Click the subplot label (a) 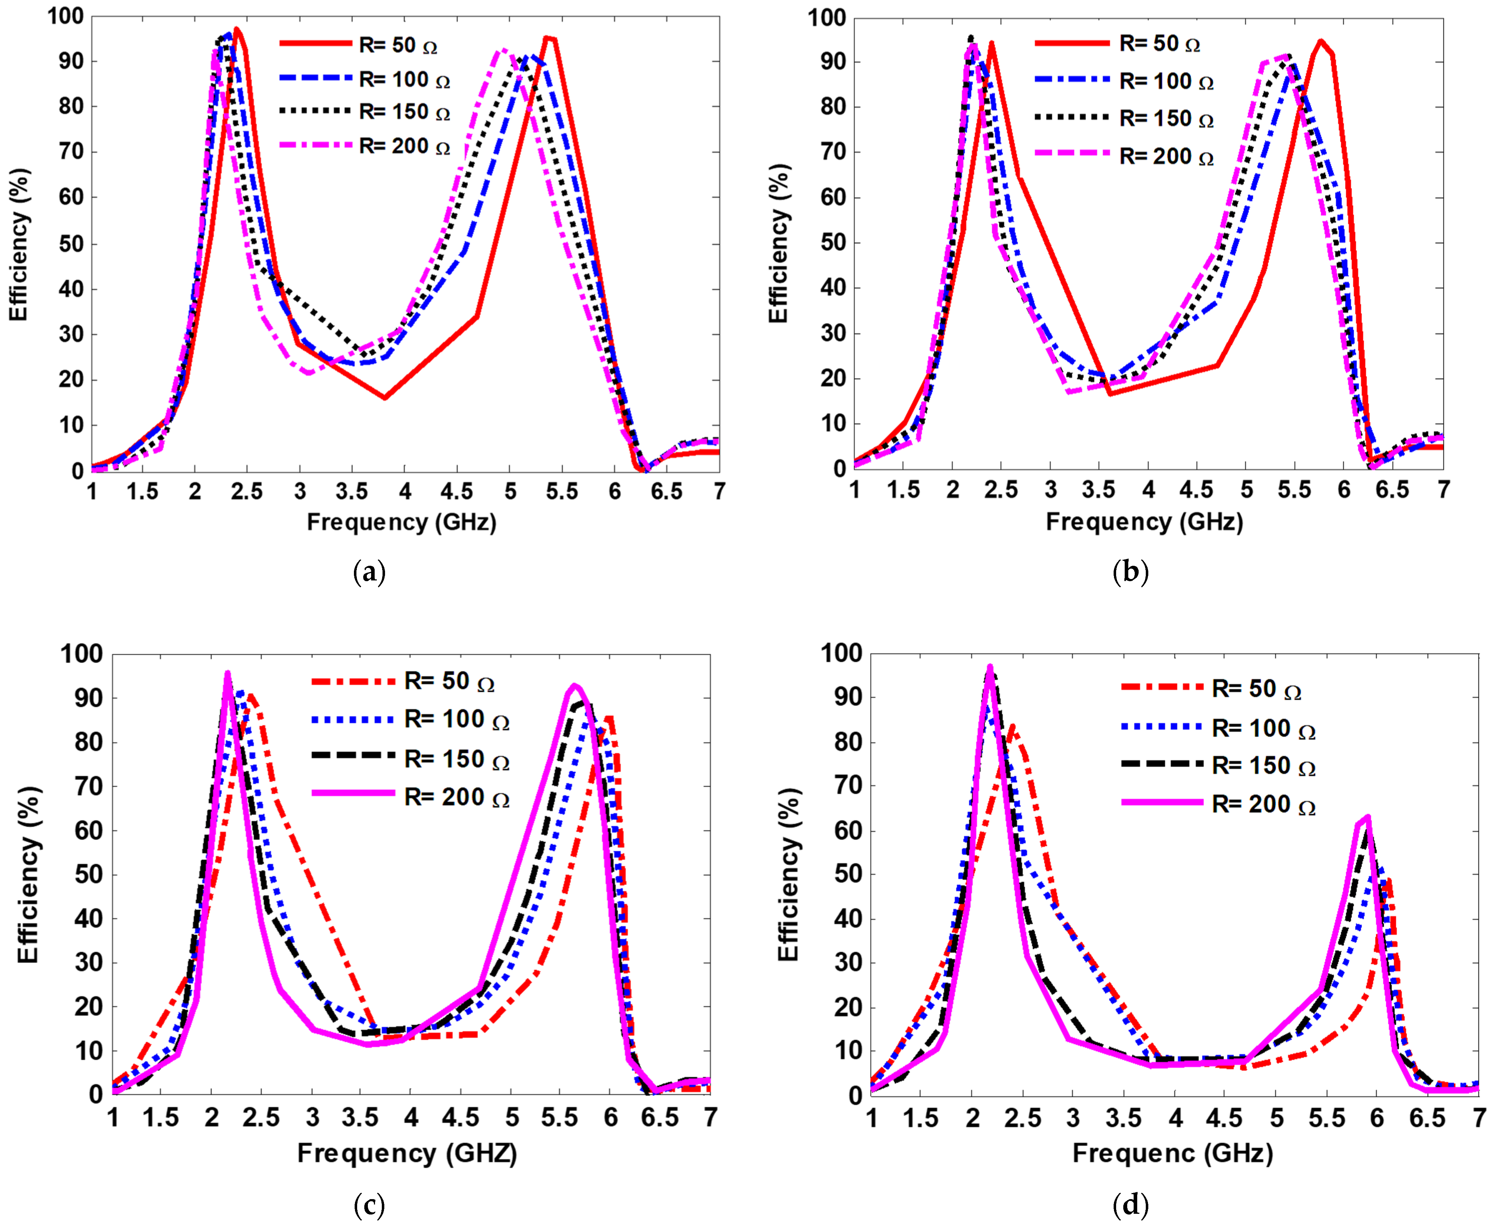[369, 572]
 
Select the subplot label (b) [1130, 572]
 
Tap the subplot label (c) [369, 1205]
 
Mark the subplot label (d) [1130, 1205]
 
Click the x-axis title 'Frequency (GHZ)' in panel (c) [407, 1153]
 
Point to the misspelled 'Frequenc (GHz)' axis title [1172, 1153]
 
